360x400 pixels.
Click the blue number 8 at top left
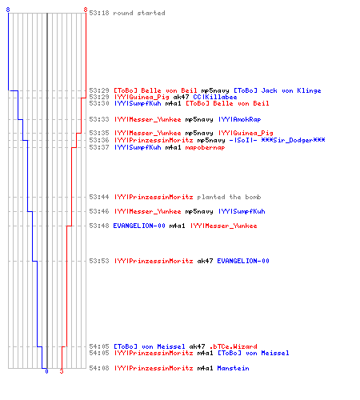click(8, 10)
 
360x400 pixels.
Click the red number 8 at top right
click(86, 10)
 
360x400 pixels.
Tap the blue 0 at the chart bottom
click(46, 371)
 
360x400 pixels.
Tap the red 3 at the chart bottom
click(62, 371)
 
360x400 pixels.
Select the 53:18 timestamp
click(99, 13)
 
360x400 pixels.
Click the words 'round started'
click(139, 13)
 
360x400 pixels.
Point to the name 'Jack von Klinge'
click(291, 90)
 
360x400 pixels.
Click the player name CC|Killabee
click(215, 97)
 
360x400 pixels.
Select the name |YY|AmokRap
click(240, 119)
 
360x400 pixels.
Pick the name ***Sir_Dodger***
click(293, 140)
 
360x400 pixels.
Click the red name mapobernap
click(205, 148)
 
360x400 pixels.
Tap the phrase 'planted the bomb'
click(229, 197)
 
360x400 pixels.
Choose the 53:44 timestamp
click(99, 197)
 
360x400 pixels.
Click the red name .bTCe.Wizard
click(234, 346)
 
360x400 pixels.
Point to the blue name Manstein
click(234, 368)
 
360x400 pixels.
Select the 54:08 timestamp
click(99, 368)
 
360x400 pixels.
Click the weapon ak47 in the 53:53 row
click(205, 261)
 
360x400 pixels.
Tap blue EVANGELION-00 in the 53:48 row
click(139, 226)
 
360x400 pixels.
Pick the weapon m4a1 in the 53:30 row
click(173, 103)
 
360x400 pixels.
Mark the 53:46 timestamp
click(99, 211)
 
